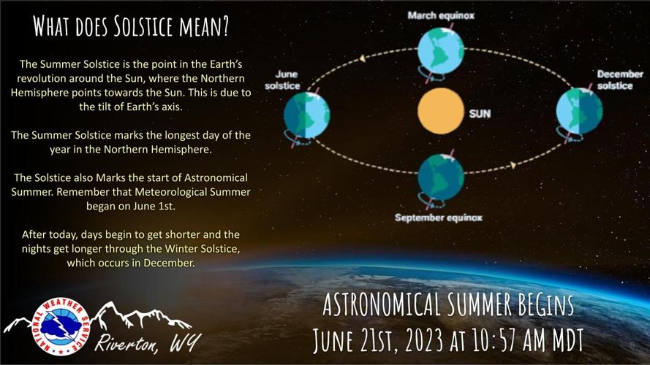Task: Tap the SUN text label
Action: pos(480,114)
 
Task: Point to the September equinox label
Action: pos(439,218)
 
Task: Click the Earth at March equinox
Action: pos(440,48)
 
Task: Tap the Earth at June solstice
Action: pos(307,115)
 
